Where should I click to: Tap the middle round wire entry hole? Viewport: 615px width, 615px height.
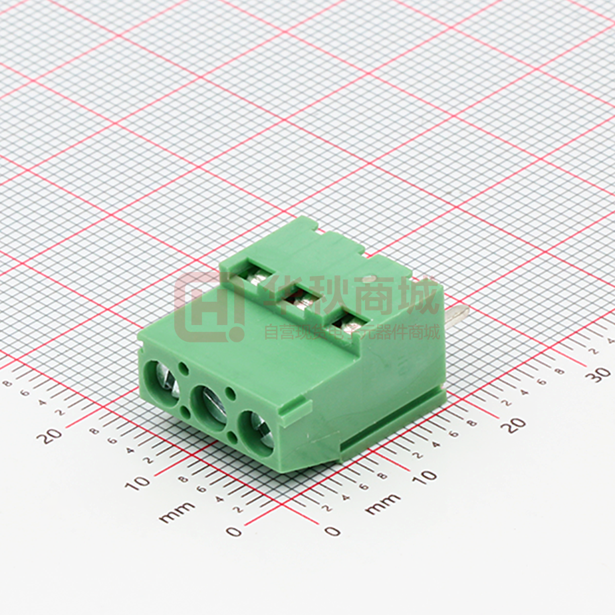point(208,402)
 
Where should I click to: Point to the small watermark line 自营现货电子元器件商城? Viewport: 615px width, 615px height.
point(352,330)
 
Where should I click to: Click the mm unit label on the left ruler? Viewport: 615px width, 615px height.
point(177,511)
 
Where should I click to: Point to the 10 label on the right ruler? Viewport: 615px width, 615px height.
point(426,475)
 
